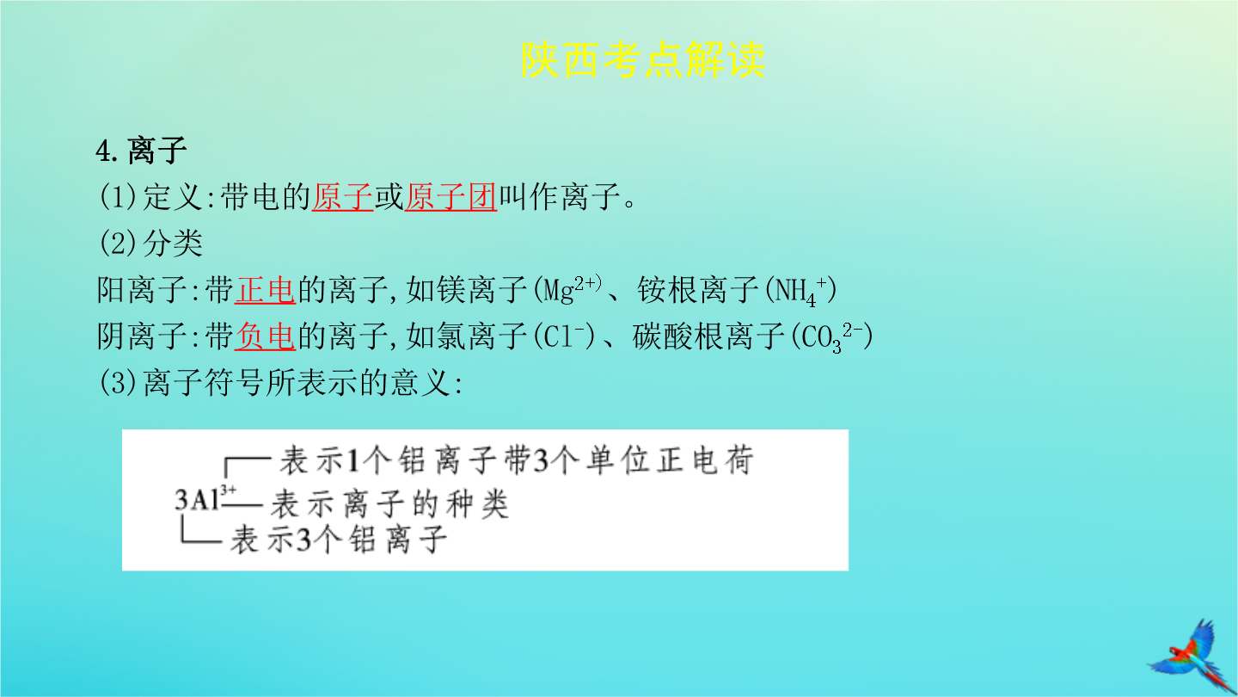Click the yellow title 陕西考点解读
643,59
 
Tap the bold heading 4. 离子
141,151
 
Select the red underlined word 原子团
450,197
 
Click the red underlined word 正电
266,289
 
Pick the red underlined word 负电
266,336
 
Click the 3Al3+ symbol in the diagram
205,498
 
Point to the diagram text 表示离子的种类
389,504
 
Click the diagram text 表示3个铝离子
338,540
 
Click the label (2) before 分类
118,244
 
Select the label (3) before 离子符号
118,382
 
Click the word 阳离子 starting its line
142,289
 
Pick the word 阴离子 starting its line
142,336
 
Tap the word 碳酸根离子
709,336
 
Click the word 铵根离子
699,289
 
